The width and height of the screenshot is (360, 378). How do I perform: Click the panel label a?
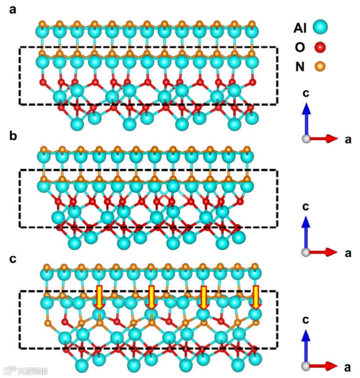click(13, 10)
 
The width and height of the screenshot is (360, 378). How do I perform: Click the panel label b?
click(13, 136)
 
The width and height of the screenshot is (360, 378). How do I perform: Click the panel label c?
click(13, 259)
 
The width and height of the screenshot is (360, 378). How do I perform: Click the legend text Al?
click(300, 27)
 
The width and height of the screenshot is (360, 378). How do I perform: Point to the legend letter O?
click(299, 47)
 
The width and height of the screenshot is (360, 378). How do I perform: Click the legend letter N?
click(299, 67)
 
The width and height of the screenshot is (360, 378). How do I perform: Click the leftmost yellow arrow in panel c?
click(100, 297)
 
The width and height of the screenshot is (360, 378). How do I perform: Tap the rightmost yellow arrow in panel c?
click(256, 297)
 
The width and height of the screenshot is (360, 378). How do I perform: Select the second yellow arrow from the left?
click(151, 297)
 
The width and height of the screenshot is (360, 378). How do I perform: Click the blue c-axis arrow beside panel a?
click(305, 118)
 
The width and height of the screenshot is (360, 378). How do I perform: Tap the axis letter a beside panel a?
click(347, 139)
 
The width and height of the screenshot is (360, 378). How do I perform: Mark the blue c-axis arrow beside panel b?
click(305, 234)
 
